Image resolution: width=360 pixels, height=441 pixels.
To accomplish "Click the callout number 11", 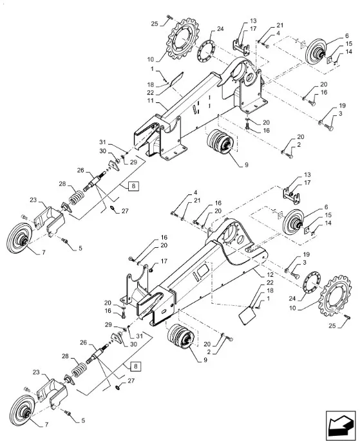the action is tap(151, 100).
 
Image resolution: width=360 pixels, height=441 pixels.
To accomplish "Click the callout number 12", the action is tap(270, 274).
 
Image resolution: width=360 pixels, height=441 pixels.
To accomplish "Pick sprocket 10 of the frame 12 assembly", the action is tap(336, 300).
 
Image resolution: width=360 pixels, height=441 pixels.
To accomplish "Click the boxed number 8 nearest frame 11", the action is tap(133, 186).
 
